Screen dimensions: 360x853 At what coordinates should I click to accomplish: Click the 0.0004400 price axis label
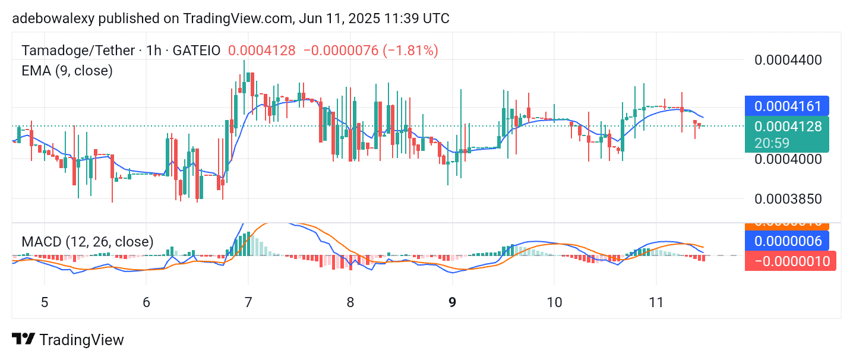[x=788, y=60]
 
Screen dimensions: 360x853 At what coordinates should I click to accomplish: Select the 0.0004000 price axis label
[x=788, y=159]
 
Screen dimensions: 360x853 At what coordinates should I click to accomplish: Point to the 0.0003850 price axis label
[x=788, y=199]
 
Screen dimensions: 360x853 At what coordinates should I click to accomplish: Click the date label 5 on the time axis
[x=45, y=302]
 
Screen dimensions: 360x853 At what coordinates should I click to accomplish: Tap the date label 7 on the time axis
[x=248, y=302]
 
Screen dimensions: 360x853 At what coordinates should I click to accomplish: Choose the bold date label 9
[x=453, y=302]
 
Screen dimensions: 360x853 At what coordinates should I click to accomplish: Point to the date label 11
[x=656, y=302]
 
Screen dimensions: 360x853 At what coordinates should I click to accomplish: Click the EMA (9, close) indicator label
[x=67, y=71]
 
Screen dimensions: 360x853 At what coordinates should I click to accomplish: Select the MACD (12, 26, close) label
[x=87, y=242]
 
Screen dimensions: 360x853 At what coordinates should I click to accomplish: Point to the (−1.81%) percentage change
[x=410, y=50]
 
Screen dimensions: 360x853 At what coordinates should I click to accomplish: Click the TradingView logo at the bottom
[x=68, y=340]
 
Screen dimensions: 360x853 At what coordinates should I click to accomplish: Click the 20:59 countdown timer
[x=788, y=143]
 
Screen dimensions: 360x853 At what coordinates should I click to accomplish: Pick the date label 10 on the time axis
[x=554, y=302]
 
